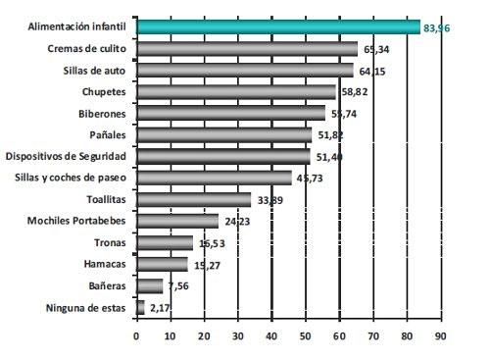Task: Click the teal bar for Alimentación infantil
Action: (x=277, y=26)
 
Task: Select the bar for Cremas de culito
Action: (x=246, y=48)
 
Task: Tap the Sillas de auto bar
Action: (x=244, y=70)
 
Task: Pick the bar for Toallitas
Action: (x=193, y=199)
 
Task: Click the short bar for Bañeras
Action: (x=150, y=285)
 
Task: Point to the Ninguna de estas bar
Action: (x=140, y=307)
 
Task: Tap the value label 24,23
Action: (x=235, y=222)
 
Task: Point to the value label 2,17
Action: (x=159, y=308)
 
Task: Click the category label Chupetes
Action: (x=106, y=91)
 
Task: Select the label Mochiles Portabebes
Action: (x=80, y=221)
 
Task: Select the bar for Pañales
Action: (x=224, y=134)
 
